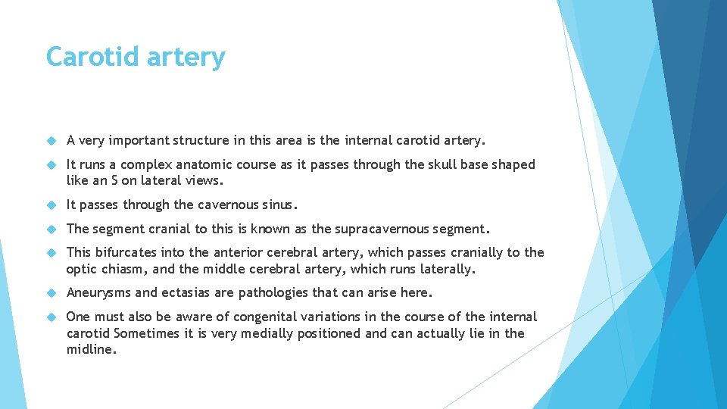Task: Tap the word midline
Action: click(x=90, y=349)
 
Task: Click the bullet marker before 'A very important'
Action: click(x=52, y=140)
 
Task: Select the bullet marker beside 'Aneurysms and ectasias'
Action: click(x=52, y=293)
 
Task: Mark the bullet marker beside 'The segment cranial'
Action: click(x=52, y=229)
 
